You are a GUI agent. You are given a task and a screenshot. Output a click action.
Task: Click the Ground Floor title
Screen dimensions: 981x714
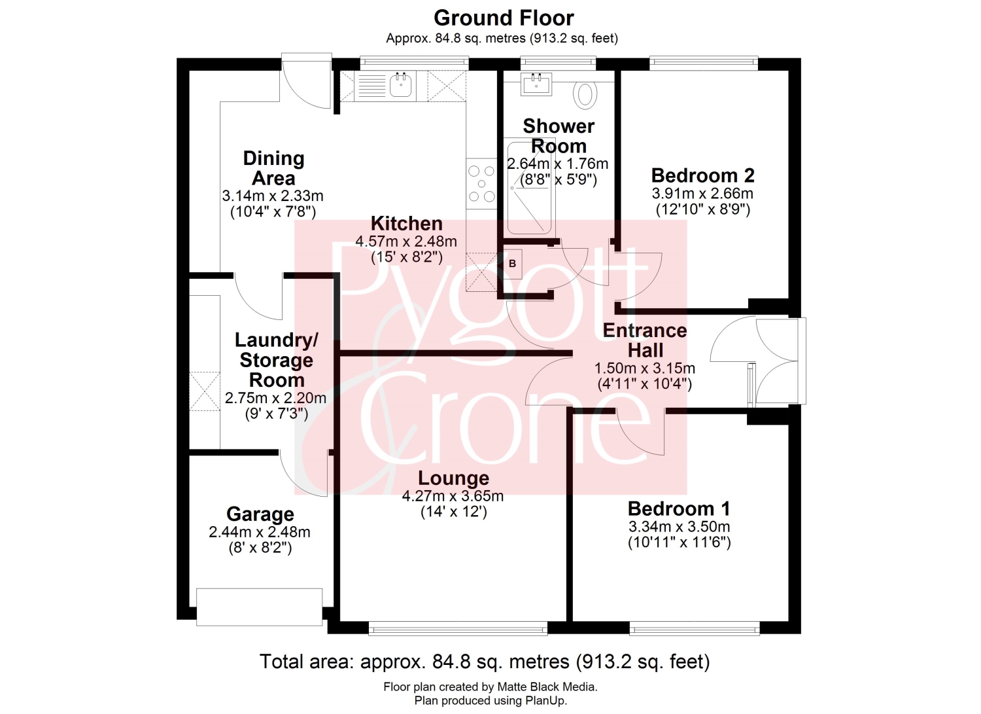coord(504,18)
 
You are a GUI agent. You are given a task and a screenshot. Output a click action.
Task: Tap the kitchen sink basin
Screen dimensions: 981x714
coord(401,85)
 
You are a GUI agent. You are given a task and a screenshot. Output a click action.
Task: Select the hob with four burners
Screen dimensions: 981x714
coord(481,184)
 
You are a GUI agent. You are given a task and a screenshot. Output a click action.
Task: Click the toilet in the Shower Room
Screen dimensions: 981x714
coord(585,94)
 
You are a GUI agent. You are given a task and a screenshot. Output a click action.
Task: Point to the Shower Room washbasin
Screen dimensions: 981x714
coord(536,84)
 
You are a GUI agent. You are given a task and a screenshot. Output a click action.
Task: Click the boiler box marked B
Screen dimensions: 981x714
coord(512,264)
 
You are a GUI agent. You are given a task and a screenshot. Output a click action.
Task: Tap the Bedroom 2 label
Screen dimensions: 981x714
coord(702,176)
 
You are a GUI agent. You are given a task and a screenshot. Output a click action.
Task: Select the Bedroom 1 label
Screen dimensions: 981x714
coord(679,509)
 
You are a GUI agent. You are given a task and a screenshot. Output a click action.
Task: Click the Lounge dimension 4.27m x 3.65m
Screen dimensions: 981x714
coord(453,496)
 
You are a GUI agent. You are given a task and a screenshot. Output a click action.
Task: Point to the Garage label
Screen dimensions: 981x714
coord(260,514)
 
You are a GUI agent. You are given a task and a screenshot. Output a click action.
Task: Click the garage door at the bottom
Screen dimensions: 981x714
coord(259,607)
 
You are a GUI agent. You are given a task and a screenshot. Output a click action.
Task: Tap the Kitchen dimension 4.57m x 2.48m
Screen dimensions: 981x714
coord(406,241)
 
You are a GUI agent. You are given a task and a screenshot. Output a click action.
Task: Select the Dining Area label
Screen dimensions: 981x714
coord(274,168)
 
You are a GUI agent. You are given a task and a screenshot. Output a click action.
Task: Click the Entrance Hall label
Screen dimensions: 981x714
coord(645,340)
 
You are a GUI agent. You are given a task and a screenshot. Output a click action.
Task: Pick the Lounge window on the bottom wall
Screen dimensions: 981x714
coord(458,628)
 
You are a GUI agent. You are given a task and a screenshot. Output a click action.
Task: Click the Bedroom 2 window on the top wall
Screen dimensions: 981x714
coord(703,63)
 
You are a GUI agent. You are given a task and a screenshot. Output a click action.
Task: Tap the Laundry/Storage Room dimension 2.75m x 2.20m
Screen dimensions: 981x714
coord(275,398)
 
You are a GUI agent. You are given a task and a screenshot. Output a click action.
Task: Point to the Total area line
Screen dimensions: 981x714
coord(485,662)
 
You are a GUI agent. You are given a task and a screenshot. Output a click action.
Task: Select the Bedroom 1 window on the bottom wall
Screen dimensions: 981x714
coord(695,628)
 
